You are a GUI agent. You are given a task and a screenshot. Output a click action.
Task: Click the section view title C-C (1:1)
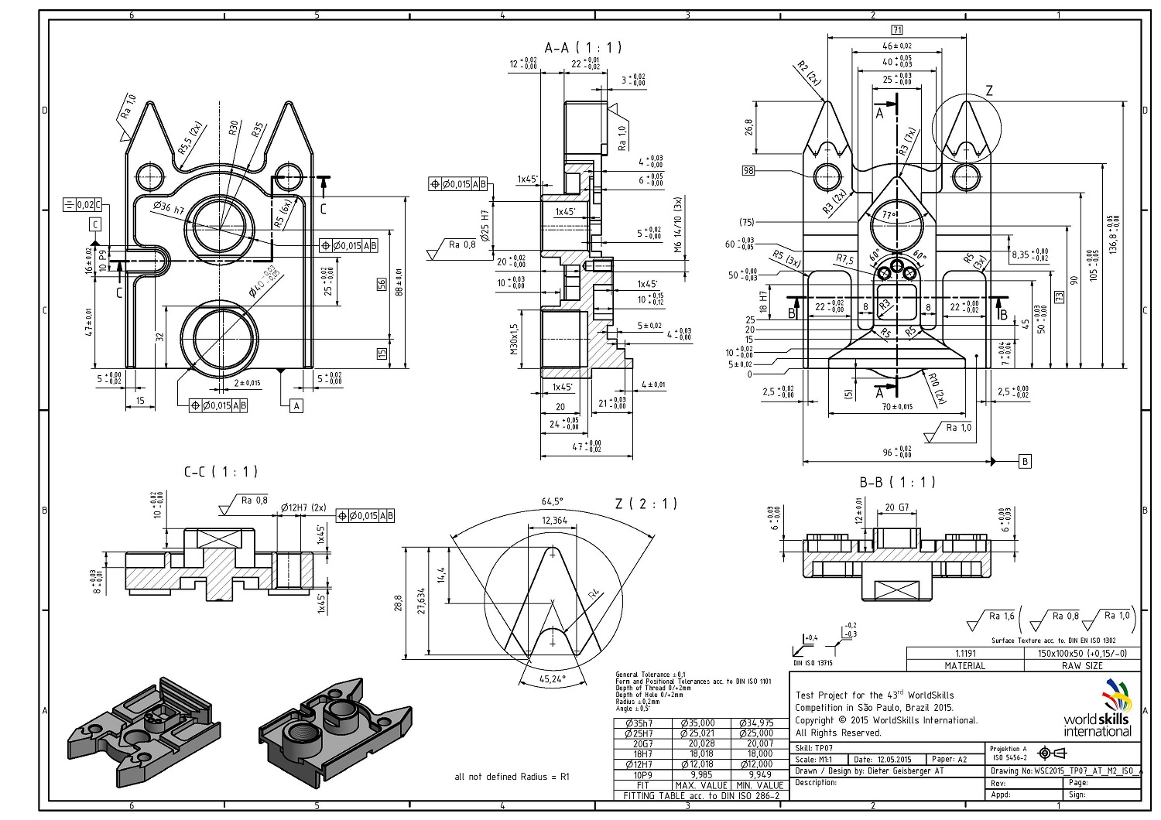pyautogui.click(x=221, y=471)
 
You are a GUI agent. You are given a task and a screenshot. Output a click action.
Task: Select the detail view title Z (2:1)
pyautogui.click(x=646, y=504)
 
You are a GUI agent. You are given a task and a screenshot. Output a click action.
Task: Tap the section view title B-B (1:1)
pyautogui.click(x=897, y=483)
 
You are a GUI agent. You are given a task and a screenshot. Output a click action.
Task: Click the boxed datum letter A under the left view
pyautogui.click(x=296, y=405)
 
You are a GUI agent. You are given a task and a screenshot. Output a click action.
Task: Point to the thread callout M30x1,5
pyautogui.click(x=514, y=339)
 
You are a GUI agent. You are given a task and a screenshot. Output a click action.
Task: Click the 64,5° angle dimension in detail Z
pyautogui.click(x=553, y=501)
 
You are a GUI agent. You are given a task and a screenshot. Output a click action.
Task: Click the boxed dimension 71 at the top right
pyautogui.click(x=897, y=30)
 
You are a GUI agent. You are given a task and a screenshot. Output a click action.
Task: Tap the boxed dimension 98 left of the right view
pyautogui.click(x=748, y=171)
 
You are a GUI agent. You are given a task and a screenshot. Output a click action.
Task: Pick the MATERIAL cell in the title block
pyautogui.click(x=965, y=665)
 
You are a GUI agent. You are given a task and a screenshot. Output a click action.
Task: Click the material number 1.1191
pyautogui.click(x=965, y=654)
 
